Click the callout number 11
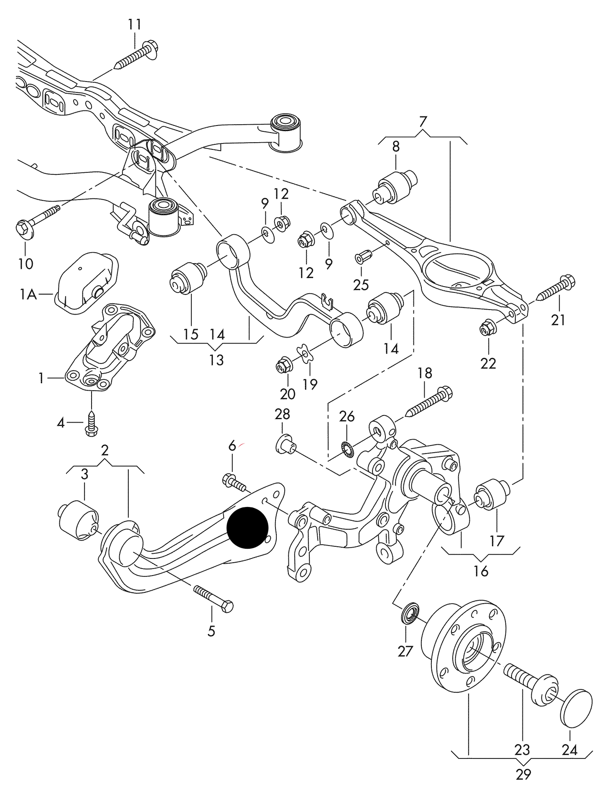pyautogui.click(x=135, y=25)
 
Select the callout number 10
pyautogui.click(x=25, y=264)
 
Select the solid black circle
pyautogui.click(x=247, y=527)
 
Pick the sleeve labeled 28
pyautogui.click(x=286, y=444)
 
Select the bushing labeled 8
pyautogui.click(x=397, y=185)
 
